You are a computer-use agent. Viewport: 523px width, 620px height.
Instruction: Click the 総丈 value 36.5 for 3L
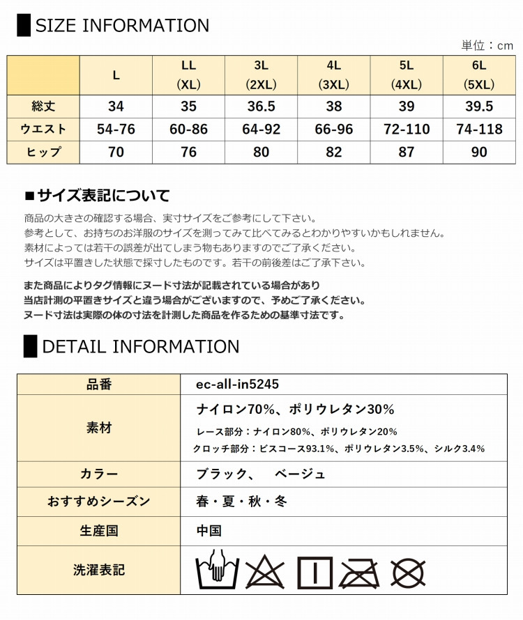tap(261, 107)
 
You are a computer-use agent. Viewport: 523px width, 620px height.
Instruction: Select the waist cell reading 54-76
tap(116, 130)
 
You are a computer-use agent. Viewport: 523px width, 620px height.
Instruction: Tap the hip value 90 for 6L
tap(479, 152)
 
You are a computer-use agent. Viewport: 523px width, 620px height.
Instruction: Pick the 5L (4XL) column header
tap(407, 75)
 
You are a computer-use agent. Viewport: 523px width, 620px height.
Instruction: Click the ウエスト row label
tap(43, 130)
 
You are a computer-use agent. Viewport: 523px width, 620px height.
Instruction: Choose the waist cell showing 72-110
tap(407, 130)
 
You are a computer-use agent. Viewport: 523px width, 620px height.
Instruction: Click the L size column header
tap(116, 75)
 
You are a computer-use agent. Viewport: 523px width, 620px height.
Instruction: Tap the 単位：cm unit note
tap(487, 45)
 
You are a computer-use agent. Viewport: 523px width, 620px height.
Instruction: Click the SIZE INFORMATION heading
tap(121, 26)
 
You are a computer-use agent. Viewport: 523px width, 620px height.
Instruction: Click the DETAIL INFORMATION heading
tap(140, 346)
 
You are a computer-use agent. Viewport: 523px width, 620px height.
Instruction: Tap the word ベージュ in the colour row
tap(300, 474)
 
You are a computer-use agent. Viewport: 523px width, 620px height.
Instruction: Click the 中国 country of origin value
tap(209, 531)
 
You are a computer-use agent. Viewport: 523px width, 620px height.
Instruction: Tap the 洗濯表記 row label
tap(99, 570)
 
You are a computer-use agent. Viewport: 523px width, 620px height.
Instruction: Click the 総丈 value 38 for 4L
tap(333, 107)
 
